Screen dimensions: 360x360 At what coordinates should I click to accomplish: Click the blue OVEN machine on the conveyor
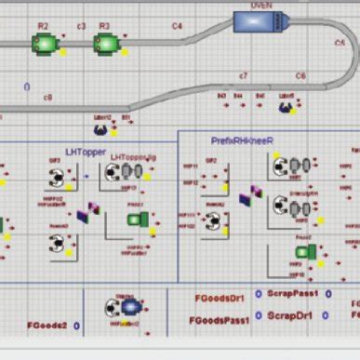pyautogui.click(x=260, y=20)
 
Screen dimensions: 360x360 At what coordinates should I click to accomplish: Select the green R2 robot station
pyautogui.click(x=43, y=42)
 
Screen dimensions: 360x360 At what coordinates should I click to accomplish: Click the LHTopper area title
pyautogui.click(x=86, y=151)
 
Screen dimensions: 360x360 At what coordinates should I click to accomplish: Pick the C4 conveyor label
pyautogui.click(x=177, y=27)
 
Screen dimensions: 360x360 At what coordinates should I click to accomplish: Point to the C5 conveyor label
pyautogui.click(x=338, y=43)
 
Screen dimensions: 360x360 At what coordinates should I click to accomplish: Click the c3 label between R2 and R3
pyautogui.click(x=81, y=26)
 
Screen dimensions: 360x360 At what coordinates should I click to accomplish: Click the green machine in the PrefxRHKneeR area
pyautogui.click(x=305, y=251)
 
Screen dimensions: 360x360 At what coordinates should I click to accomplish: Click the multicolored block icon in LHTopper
pyautogui.click(x=88, y=213)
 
